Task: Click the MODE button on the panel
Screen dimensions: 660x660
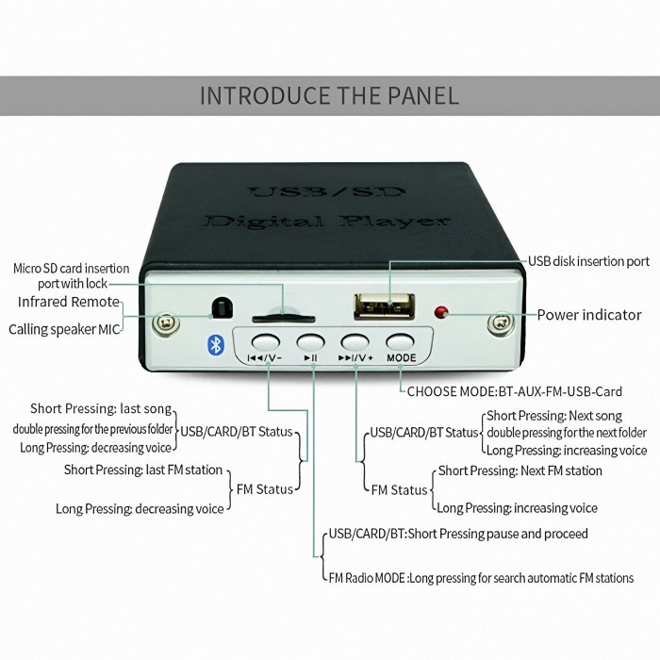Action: click(401, 341)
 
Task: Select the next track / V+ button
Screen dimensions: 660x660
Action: click(355, 341)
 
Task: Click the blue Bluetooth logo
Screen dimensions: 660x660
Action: click(214, 346)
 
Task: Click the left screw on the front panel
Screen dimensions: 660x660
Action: click(168, 323)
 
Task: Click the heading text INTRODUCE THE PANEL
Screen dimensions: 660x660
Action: click(329, 95)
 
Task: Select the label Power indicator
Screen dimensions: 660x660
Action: click(589, 315)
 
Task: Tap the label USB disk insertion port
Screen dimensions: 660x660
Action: click(588, 261)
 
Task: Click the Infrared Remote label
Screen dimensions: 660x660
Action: click(69, 302)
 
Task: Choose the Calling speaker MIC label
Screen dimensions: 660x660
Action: click(65, 329)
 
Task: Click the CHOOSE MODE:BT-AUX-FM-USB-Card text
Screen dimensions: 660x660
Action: click(514, 391)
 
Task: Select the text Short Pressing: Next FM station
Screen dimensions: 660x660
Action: click(520, 470)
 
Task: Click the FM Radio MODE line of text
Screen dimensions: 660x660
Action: click(480, 578)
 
